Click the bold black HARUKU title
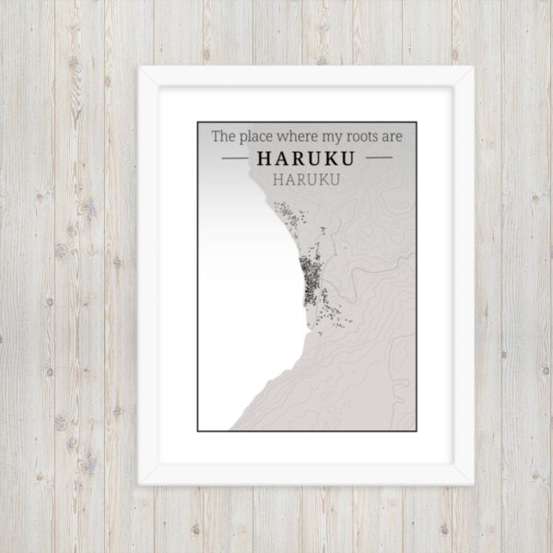click(307, 158)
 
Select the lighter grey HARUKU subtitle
click(307, 179)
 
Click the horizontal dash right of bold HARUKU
click(379, 158)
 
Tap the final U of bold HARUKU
click(350, 158)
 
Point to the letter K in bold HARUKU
click(332, 158)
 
